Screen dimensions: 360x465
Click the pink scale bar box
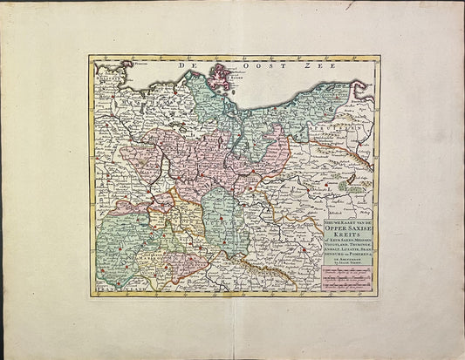coord(348,279)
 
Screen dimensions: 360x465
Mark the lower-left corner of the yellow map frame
coord(90,295)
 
